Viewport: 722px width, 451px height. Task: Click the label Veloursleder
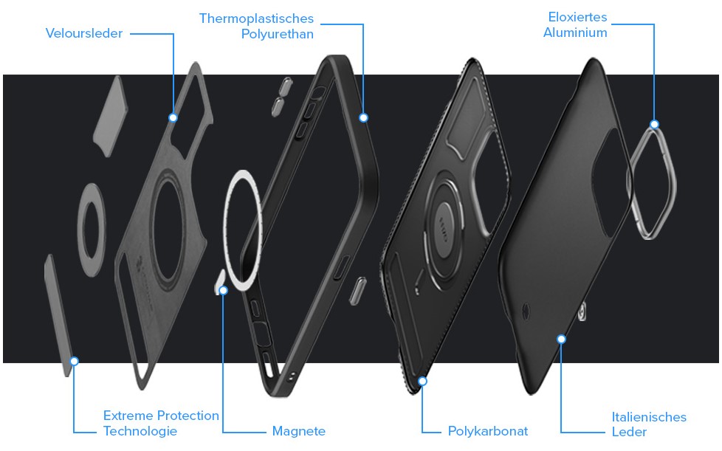coord(84,33)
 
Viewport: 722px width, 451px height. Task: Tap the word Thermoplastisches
coord(256,18)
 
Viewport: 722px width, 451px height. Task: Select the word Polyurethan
coord(277,34)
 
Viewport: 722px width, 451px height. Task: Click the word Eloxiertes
coord(577,17)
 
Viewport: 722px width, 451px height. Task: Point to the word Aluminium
coord(575,32)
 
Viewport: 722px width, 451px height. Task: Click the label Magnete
coord(298,431)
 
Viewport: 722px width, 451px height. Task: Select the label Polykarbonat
coord(488,431)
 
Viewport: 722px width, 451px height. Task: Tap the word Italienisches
coord(649,417)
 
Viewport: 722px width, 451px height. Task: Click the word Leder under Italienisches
coord(629,432)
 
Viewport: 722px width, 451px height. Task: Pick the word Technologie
coord(140,431)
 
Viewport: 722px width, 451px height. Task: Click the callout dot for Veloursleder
coord(173,117)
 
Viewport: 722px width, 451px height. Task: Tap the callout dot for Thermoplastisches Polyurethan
coord(363,117)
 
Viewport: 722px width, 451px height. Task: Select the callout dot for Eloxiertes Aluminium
coord(654,124)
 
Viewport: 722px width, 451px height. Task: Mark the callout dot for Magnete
coord(224,290)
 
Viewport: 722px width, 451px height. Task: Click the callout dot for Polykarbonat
coord(423,381)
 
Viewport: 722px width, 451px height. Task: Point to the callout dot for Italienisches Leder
coord(561,339)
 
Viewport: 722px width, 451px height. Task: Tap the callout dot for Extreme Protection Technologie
coord(74,361)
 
